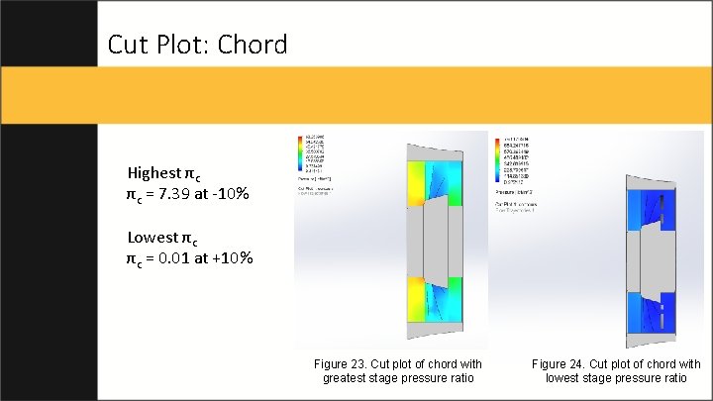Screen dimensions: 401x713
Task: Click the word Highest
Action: (154, 171)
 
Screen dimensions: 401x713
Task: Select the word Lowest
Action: (153, 238)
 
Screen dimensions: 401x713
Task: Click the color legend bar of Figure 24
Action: (498, 159)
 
